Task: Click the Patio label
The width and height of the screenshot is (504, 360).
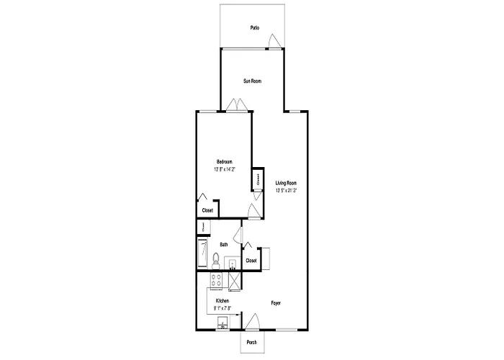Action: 254,28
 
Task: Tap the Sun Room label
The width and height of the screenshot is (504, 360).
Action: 252,81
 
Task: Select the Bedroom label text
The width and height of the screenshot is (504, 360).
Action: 225,161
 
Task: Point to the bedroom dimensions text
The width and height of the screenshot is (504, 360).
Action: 225,170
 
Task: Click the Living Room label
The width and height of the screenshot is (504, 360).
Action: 286,183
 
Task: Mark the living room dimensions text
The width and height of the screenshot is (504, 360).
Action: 286,191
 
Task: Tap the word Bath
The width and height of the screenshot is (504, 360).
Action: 224,245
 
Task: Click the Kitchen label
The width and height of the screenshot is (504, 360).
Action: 222,300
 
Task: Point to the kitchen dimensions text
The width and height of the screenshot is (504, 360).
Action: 222,308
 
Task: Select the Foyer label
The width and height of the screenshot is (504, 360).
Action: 276,303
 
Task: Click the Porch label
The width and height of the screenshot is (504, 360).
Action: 252,342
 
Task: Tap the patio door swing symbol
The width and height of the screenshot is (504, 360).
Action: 273,45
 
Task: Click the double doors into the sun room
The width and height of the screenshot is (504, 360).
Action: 236,106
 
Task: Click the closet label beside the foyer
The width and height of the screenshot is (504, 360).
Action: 251,261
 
